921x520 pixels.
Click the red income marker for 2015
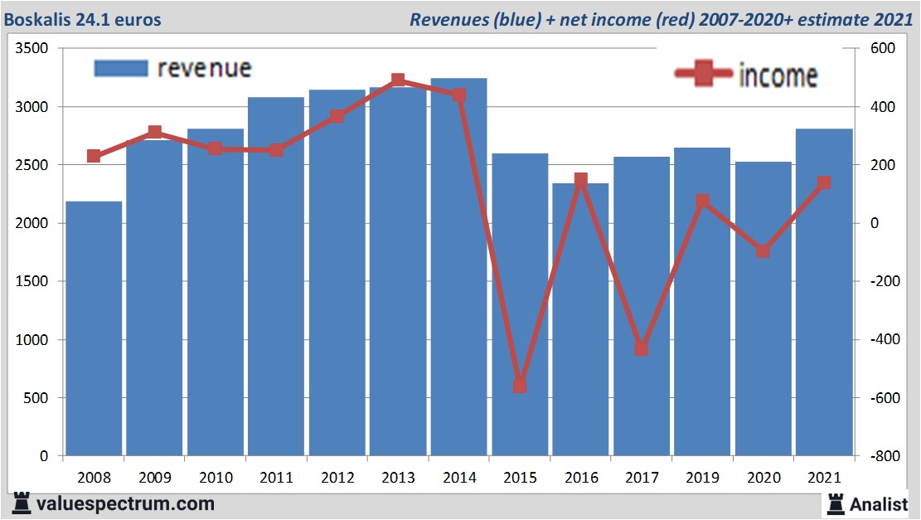(520, 386)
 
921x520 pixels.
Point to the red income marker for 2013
(398, 80)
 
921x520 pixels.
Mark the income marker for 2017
(641, 349)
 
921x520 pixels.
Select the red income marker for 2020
(763, 251)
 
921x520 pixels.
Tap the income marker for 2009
(154, 133)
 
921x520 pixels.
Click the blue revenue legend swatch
(121, 68)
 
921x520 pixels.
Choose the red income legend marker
(704, 75)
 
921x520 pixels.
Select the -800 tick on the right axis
(880, 456)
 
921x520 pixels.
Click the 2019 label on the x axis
(702, 479)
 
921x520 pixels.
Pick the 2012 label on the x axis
(337, 479)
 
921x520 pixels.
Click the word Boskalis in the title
(37, 18)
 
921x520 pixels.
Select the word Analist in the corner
(878, 503)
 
